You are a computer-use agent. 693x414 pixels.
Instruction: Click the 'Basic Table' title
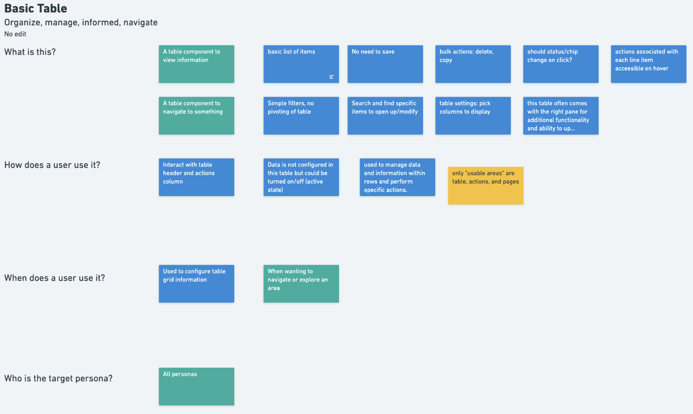tap(36, 8)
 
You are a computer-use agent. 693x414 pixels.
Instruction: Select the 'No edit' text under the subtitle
tap(15, 34)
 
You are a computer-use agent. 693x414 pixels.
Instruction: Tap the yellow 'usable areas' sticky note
tap(485, 185)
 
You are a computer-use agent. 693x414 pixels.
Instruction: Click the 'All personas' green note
tap(196, 386)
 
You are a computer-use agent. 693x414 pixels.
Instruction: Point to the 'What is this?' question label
tap(30, 52)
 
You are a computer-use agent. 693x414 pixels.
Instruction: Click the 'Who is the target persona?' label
tap(58, 378)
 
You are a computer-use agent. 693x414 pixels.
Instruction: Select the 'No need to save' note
tap(385, 64)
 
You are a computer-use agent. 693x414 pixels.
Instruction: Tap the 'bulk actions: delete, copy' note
tap(473, 64)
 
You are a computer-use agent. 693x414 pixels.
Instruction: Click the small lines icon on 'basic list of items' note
tap(331, 77)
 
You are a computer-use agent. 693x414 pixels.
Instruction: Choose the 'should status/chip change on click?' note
tap(561, 64)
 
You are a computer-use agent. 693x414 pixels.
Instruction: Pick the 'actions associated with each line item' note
tap(648, 64)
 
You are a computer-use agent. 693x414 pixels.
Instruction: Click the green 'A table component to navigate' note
tap(196, 115)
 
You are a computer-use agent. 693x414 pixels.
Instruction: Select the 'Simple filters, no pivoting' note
tap(301, 115)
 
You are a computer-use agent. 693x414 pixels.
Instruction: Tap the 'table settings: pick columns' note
tap(473, 115)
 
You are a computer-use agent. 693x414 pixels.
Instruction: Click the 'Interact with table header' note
tap(196, 177)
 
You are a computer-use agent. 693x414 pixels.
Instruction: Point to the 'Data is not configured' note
tap(301, 177)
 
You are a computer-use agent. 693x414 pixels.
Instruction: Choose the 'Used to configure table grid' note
tap(196, 284)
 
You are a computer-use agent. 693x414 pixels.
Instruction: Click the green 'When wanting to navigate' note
tap(301, 284)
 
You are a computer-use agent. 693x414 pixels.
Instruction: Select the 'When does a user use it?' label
tap(54, 278)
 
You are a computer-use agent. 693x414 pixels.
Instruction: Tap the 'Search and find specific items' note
tap(385, 115)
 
